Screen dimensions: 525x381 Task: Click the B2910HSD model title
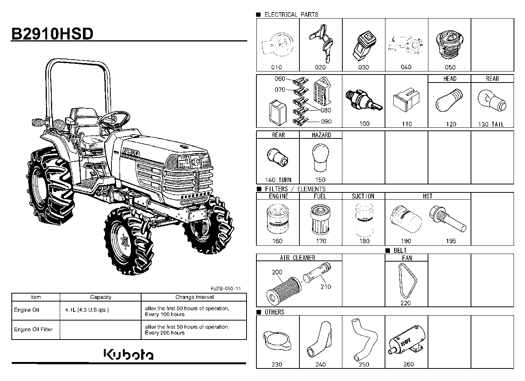point(52,34)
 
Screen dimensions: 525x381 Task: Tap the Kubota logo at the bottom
point(129,354)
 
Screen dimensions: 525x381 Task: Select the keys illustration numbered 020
point(321,43)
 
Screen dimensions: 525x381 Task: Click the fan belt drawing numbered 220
point(408,281)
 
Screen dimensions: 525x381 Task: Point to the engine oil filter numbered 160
point(278,219)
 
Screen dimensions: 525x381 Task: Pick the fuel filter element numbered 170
point(320,219)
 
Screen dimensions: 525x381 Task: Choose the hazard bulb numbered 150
point(320,157)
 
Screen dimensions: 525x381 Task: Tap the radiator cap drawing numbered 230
point(277,340)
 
